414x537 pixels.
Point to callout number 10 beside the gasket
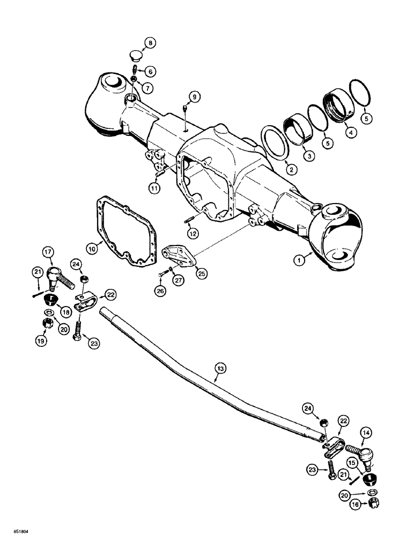(x=92, y=249)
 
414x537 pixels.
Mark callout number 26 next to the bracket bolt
(x=160, y=291)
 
